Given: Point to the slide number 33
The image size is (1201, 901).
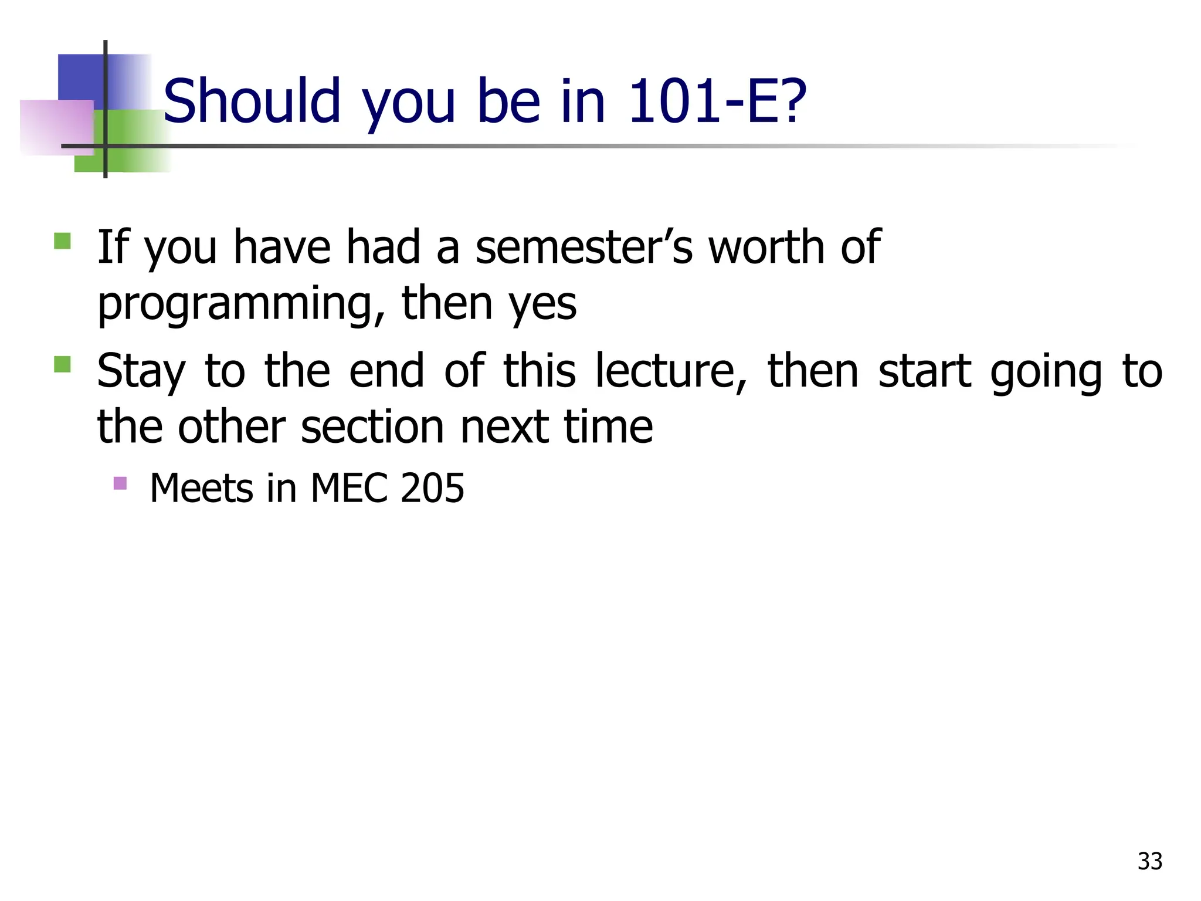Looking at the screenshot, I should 1149,861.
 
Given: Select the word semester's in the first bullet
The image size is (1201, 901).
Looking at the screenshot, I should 584,247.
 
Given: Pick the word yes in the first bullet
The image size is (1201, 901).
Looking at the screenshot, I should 543,304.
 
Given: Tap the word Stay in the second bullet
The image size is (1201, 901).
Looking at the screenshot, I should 141,372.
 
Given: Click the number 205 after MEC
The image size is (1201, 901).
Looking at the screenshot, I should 432,488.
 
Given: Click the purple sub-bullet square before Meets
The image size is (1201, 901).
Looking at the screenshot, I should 120,483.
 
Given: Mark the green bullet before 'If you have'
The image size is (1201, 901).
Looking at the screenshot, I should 62,241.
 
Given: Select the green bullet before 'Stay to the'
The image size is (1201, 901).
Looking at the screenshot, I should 62,365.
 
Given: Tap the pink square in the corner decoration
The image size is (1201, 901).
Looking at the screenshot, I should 56,127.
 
